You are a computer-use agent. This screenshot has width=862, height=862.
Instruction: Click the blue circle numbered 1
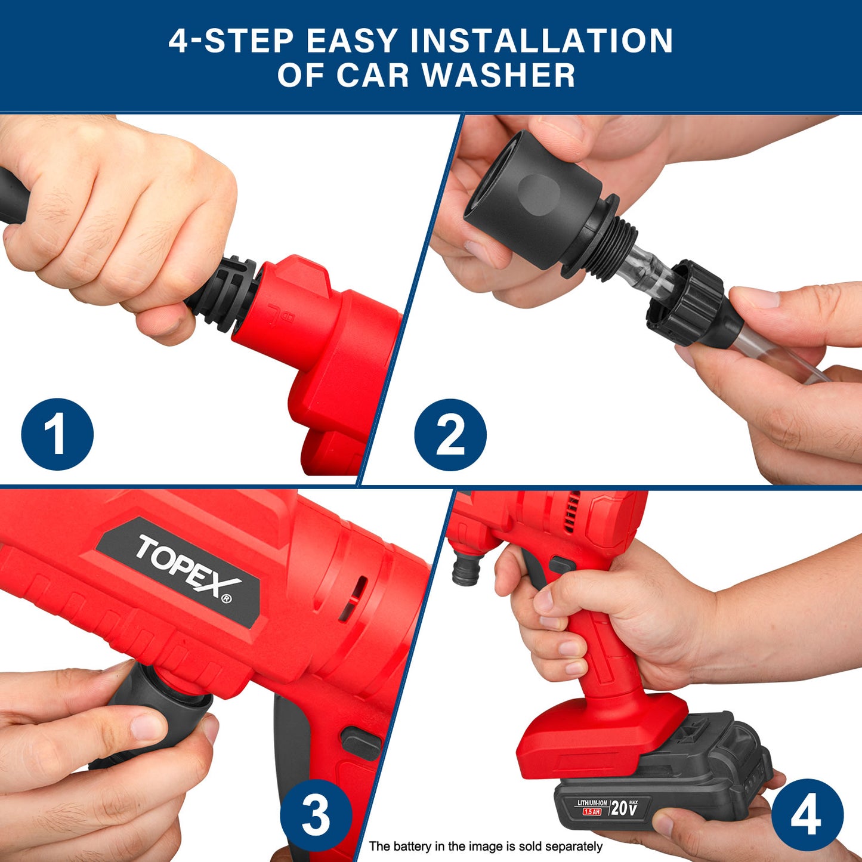[57, 434]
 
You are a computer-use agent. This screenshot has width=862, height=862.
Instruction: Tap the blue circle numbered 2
[450, 435]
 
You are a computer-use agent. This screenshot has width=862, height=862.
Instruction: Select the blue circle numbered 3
[316, 815]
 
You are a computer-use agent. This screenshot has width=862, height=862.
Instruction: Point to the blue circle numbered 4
[808, 815]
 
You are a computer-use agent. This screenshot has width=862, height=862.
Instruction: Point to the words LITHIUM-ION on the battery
[592, 803]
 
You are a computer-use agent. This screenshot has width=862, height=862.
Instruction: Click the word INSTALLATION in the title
[541, 41]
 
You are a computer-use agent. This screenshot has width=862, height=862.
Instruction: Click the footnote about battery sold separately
[486, 846]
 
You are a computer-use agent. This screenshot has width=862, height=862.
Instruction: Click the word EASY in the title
[352, 41]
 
